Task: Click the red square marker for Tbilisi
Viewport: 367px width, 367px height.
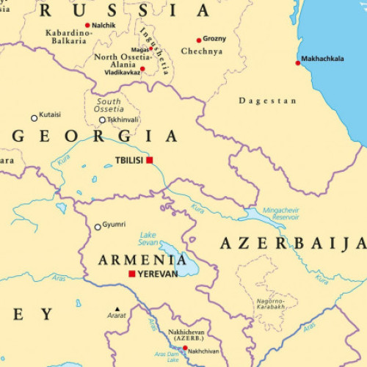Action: (x=149, y=160)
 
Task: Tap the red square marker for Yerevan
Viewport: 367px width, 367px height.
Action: (x=132, y=274)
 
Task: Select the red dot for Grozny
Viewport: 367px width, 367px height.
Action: (x=199, y=40)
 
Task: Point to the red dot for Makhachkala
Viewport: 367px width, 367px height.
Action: (x=298, y=63)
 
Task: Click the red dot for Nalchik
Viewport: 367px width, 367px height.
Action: (x=87, y=25)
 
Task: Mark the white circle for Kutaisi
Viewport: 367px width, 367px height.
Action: (x=34, y=117)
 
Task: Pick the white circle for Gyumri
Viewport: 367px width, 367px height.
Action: (x=98, y=227)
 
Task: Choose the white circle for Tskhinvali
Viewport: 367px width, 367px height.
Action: (x=103, y=120)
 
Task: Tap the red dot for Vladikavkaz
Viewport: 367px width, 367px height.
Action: (x=142, y=69)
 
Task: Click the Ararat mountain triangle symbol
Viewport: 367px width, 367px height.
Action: (x=116, y=309)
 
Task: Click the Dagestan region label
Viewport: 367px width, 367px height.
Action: (x=268, y=101)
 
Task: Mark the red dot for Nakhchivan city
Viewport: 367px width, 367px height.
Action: (x=185, y=349)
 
